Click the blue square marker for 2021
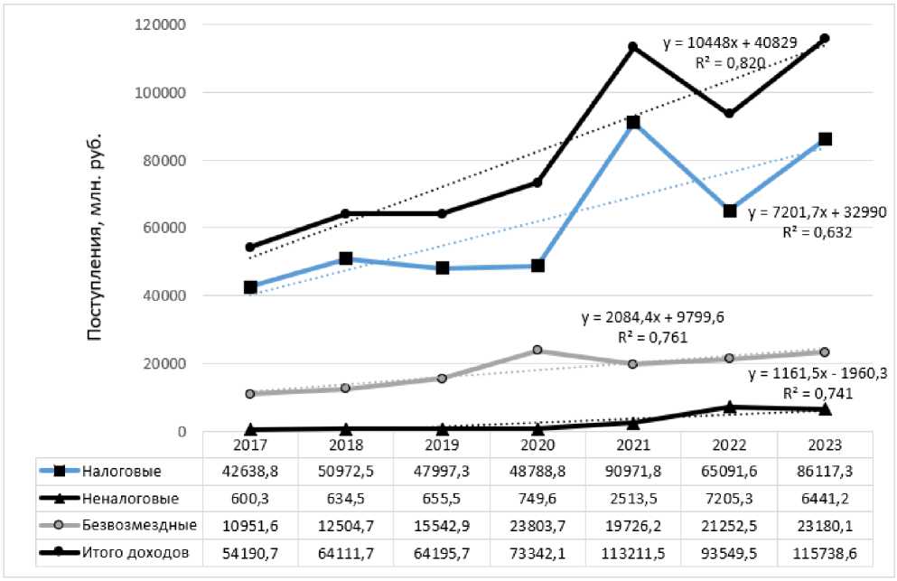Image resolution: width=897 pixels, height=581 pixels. pos(633,122)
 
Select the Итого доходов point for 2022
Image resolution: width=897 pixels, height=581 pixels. pos(729,114)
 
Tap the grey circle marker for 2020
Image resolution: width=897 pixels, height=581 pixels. pos(537,351)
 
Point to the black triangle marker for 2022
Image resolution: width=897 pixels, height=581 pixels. pos(729,408)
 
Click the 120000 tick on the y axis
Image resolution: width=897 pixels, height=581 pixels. pos(160,24)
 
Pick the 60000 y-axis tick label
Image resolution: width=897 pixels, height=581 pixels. pos(164,228)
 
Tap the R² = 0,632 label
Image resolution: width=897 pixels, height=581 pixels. pos(816,231)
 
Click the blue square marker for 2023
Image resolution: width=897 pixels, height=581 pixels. pos(825,139)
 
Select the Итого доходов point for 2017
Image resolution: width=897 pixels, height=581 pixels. pos(250,247)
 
